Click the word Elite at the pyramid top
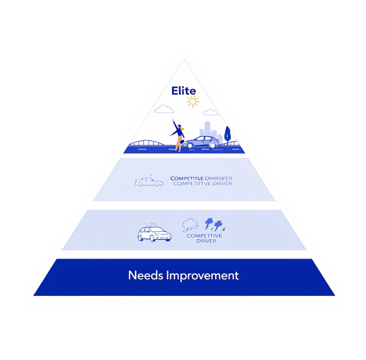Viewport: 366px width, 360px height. (184, 91)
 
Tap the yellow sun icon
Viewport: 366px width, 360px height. (192, 102)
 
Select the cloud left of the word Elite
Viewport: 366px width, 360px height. (164, 108)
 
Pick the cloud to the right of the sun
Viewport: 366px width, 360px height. (211, 112)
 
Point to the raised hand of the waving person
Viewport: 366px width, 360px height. (173, 122)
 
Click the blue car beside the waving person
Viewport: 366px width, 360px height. (203, 142)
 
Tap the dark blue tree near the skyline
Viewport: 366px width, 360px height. (227, 134)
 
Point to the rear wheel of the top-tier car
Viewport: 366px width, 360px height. (213, 145)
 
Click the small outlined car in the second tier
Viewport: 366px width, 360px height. (149, 182)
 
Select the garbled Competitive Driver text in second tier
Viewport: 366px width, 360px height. (201, 181)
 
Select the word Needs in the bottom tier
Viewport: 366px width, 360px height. (145, 275)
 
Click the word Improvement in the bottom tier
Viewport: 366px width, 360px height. (201, 276)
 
